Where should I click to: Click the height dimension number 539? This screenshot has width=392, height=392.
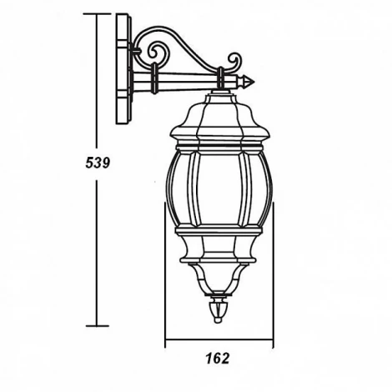pyautogui.click(x=98, y=163)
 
